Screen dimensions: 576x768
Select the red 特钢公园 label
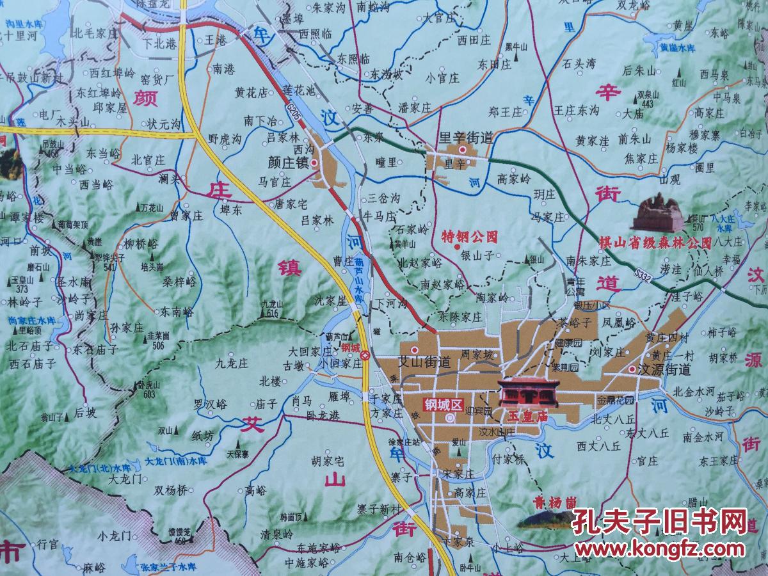(470, 236)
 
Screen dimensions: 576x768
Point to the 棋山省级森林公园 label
(655, 243)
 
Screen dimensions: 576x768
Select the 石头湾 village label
(579, 63)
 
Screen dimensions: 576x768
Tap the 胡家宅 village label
(328, 460)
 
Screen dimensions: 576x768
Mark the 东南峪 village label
(177, 312)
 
